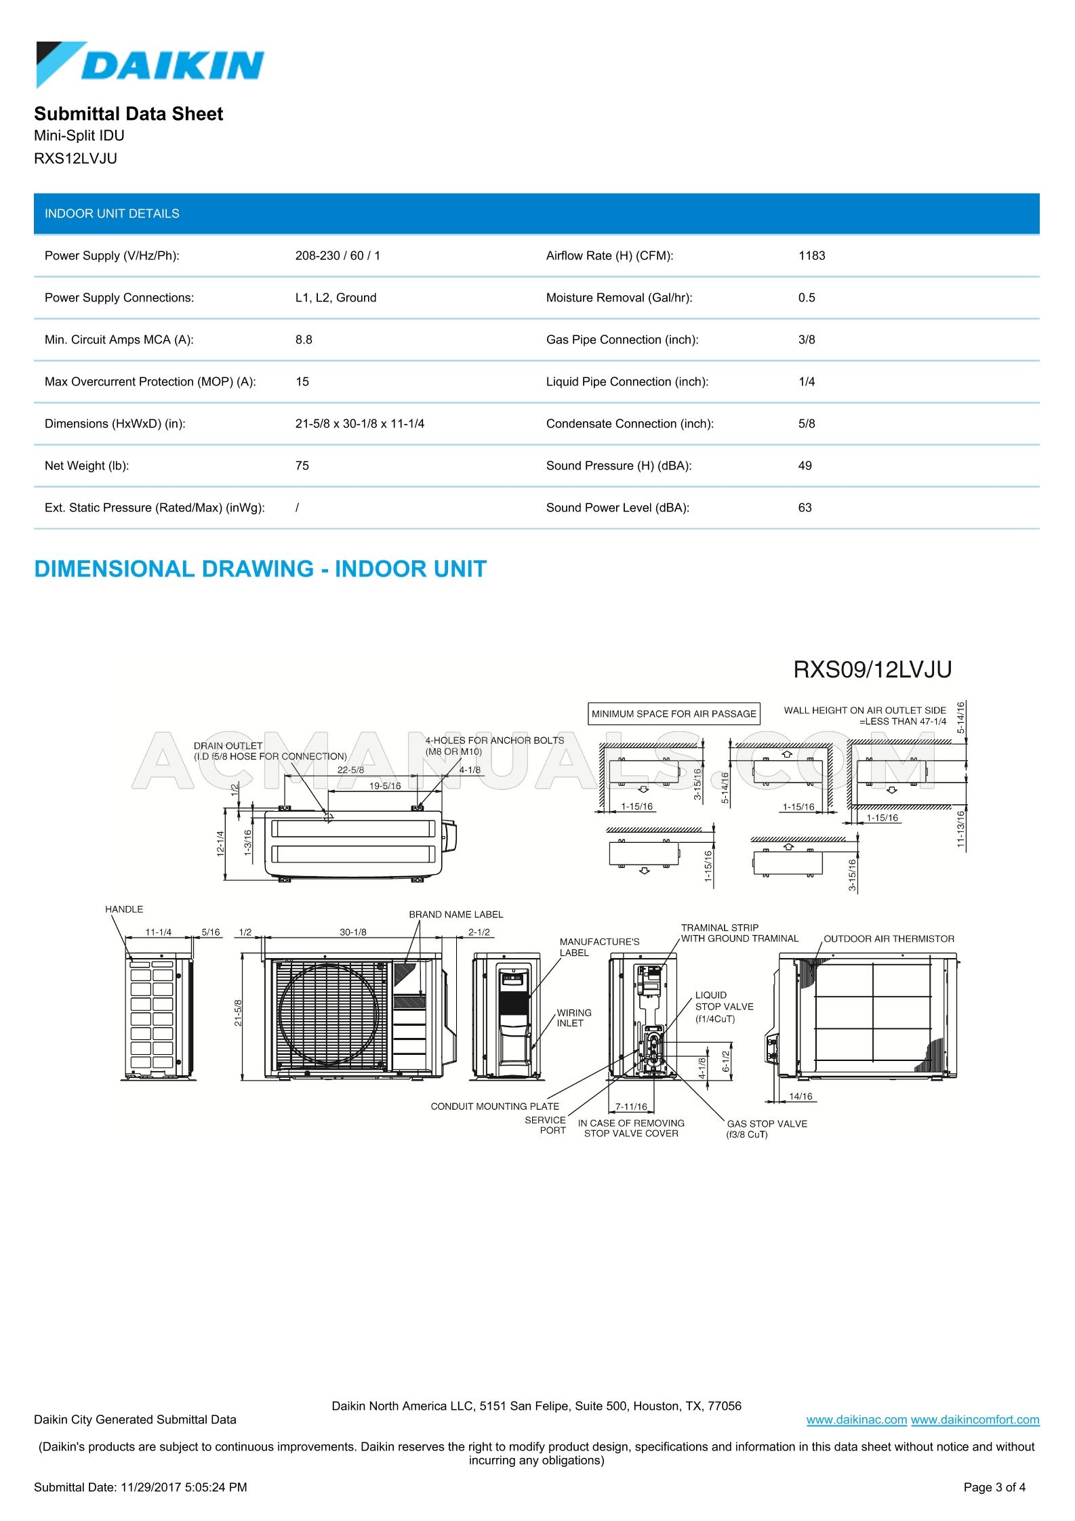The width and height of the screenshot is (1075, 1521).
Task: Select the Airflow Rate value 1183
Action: [x=811, y=255]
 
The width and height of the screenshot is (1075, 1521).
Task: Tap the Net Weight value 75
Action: [x=302, y=465]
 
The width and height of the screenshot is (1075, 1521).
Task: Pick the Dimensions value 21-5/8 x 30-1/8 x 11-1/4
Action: [x=359, y=423]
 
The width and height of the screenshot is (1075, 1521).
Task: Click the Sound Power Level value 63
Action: [x=805, y=507]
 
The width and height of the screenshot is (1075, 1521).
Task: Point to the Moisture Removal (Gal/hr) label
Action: [x=619, y=297]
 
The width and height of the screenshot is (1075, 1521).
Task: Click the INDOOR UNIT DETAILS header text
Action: [x=112, y=213]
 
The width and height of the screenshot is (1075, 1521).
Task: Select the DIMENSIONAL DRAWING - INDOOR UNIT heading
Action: [x=260, y=569]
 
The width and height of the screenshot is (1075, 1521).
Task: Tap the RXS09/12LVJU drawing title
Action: [x=872, y=669]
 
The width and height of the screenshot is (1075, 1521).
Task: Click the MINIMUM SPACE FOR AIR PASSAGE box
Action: [x=673, y=713]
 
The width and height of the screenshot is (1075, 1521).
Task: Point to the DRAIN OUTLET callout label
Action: [x=228, y=745]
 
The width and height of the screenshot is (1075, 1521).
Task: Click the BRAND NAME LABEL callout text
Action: [x=455, y=914]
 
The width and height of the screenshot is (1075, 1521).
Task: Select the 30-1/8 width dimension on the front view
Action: [x=352, y=932]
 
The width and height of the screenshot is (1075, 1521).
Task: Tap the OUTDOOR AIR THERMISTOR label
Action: [x=889, y=938]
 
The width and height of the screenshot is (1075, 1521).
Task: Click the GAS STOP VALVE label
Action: [x=767, y=1123]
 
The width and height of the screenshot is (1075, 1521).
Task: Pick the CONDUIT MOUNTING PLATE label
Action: [x=495, y=1106]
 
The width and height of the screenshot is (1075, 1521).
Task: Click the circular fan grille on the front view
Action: [x=331, y=1014]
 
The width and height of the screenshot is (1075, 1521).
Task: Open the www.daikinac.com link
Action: [x=856, y=1419]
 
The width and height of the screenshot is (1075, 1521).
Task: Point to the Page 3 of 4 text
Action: [x=994, y=1487]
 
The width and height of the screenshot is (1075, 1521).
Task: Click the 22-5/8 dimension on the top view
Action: [x=350, y=770]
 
